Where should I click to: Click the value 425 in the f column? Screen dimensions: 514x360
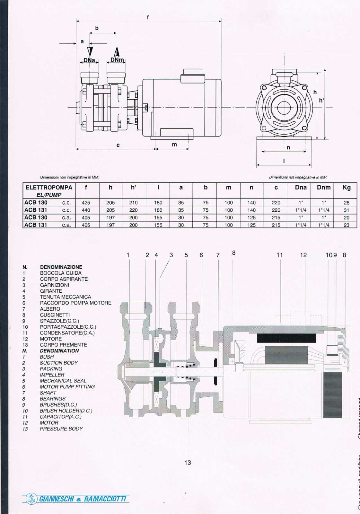[x=86, y=203]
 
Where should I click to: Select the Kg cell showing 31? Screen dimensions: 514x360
[x=347, y=210]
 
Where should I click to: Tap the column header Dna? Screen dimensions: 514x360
[x=301, y=188]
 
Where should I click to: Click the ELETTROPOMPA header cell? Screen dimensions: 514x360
[x=49, y=188]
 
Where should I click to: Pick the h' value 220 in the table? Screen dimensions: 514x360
[x=133, y=210]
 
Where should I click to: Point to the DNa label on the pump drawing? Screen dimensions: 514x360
[x=89, y=60]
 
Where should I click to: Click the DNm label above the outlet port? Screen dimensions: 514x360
[x=117, y=60]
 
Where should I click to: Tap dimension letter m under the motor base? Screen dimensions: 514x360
[x=174, y=145]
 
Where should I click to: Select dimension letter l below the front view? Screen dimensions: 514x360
[x=284, y=161]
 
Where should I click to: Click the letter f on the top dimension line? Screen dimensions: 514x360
[x=148, y=17]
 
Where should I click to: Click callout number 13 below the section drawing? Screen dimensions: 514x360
[x=188, y=463]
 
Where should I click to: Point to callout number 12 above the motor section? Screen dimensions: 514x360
[x=303, y=255]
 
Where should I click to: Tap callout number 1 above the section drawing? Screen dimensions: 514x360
[x=128, y=255]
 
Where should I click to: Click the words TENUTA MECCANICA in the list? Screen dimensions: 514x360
[x=65, y=297]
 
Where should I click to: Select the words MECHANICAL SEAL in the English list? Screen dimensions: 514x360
[x=63, y=381]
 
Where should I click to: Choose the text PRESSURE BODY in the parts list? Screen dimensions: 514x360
[x=61, y=429]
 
